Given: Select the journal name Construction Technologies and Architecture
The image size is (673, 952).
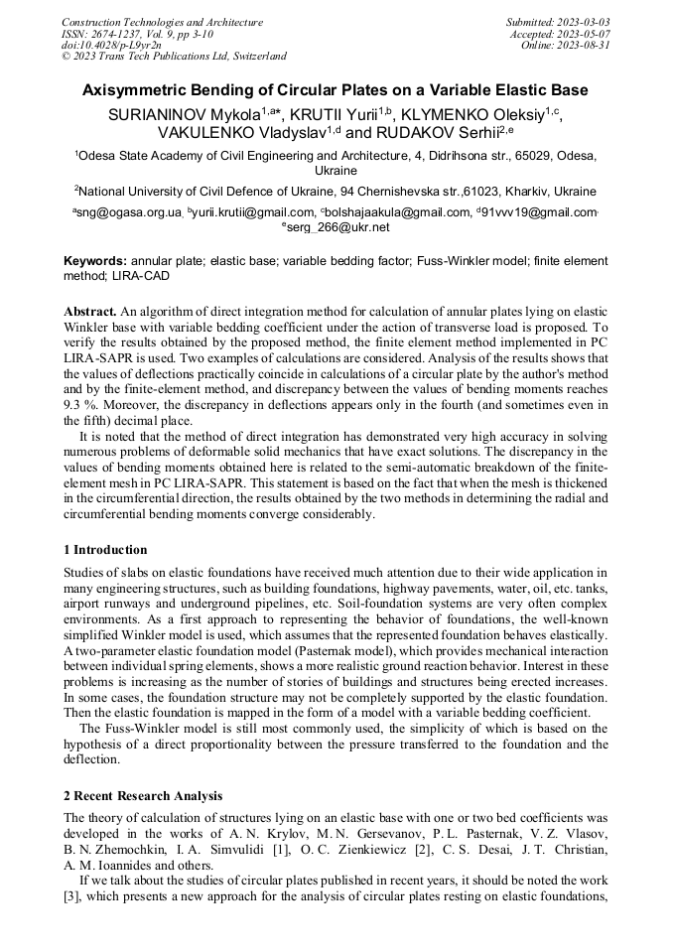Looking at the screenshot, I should click(x=163, y=22).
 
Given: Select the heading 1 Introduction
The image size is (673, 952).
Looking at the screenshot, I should click(x=105, y=550).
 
